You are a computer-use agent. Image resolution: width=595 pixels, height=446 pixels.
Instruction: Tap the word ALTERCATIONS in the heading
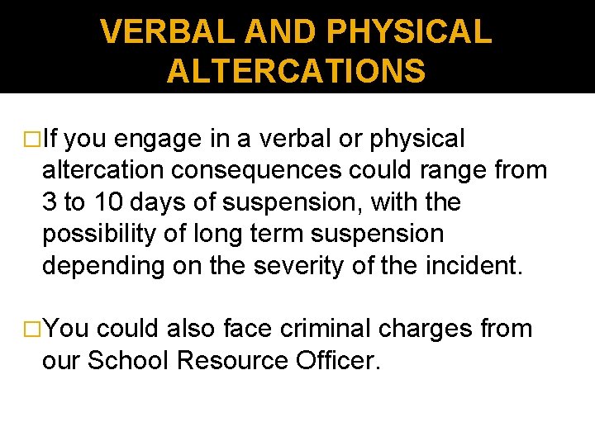click(296, 71)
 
